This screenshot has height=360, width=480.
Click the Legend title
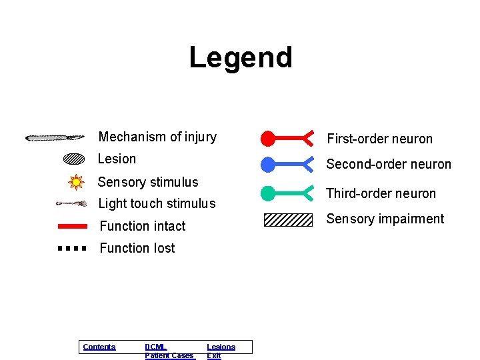coord(241,57)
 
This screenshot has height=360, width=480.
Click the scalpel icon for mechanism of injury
coord(55,138)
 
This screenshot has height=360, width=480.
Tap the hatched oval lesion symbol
coord(73,159)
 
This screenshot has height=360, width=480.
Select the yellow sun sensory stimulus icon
coord(76,181)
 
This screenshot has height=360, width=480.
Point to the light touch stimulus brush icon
coord(71,203)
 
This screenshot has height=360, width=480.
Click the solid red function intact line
coord(73,226)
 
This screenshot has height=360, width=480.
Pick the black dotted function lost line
coord(72,248)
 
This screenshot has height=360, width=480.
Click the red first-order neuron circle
coord(267,139)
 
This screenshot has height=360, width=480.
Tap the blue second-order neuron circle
coord(267,164)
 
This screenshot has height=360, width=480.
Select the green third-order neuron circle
coord(267,193)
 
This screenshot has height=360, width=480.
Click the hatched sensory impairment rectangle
coord(288,219)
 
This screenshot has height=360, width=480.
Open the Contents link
coord(99,347)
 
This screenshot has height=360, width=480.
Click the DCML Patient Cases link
coord(169,351)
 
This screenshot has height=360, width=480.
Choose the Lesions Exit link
coord(221,351)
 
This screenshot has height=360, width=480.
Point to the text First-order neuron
coord(379,139)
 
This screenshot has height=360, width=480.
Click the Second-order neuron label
coord(389,164)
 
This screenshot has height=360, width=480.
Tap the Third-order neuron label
coord(381,193)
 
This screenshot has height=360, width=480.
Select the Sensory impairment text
coord(385,219)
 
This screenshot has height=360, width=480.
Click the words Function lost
coord(137,248)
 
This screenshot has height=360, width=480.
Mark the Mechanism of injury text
coord(157,137)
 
